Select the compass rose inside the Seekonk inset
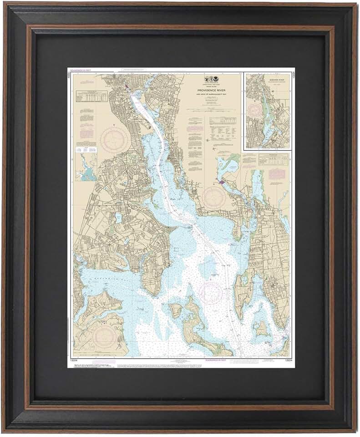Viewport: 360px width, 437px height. point(255,109)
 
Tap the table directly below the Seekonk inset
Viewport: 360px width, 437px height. point(274,159)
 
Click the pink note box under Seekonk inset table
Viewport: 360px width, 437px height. point(276,173)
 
